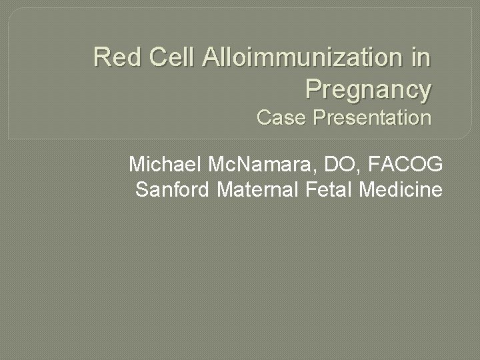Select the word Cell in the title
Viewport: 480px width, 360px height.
click(170, 57)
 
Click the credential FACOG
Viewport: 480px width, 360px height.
click(405, 163)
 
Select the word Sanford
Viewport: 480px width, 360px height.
click(173, 190)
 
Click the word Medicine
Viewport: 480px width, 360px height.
click(401, 190)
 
